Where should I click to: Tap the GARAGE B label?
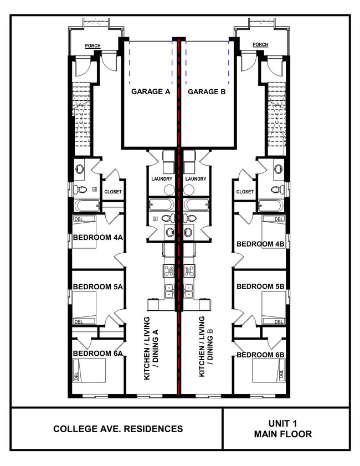point(206,91)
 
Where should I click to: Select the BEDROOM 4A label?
point(97,238)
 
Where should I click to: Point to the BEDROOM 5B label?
point(260,286)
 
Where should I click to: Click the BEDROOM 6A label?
point(97,354)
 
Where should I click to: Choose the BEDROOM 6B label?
point(260,355)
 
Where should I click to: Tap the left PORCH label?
point(92,45)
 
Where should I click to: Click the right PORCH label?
point(260,45)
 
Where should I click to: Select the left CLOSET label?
point(112,192)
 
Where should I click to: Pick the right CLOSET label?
point(245,192)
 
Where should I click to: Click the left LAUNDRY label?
point(162,179)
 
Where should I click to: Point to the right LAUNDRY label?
point(196,179)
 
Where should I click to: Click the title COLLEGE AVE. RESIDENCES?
point(118,429)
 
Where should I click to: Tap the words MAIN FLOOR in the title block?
point(283,434)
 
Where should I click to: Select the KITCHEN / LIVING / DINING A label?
point(151,348)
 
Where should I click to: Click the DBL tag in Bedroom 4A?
point(78,219)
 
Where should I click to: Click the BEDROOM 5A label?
point(97,286)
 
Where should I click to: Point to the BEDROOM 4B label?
point(260,244)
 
